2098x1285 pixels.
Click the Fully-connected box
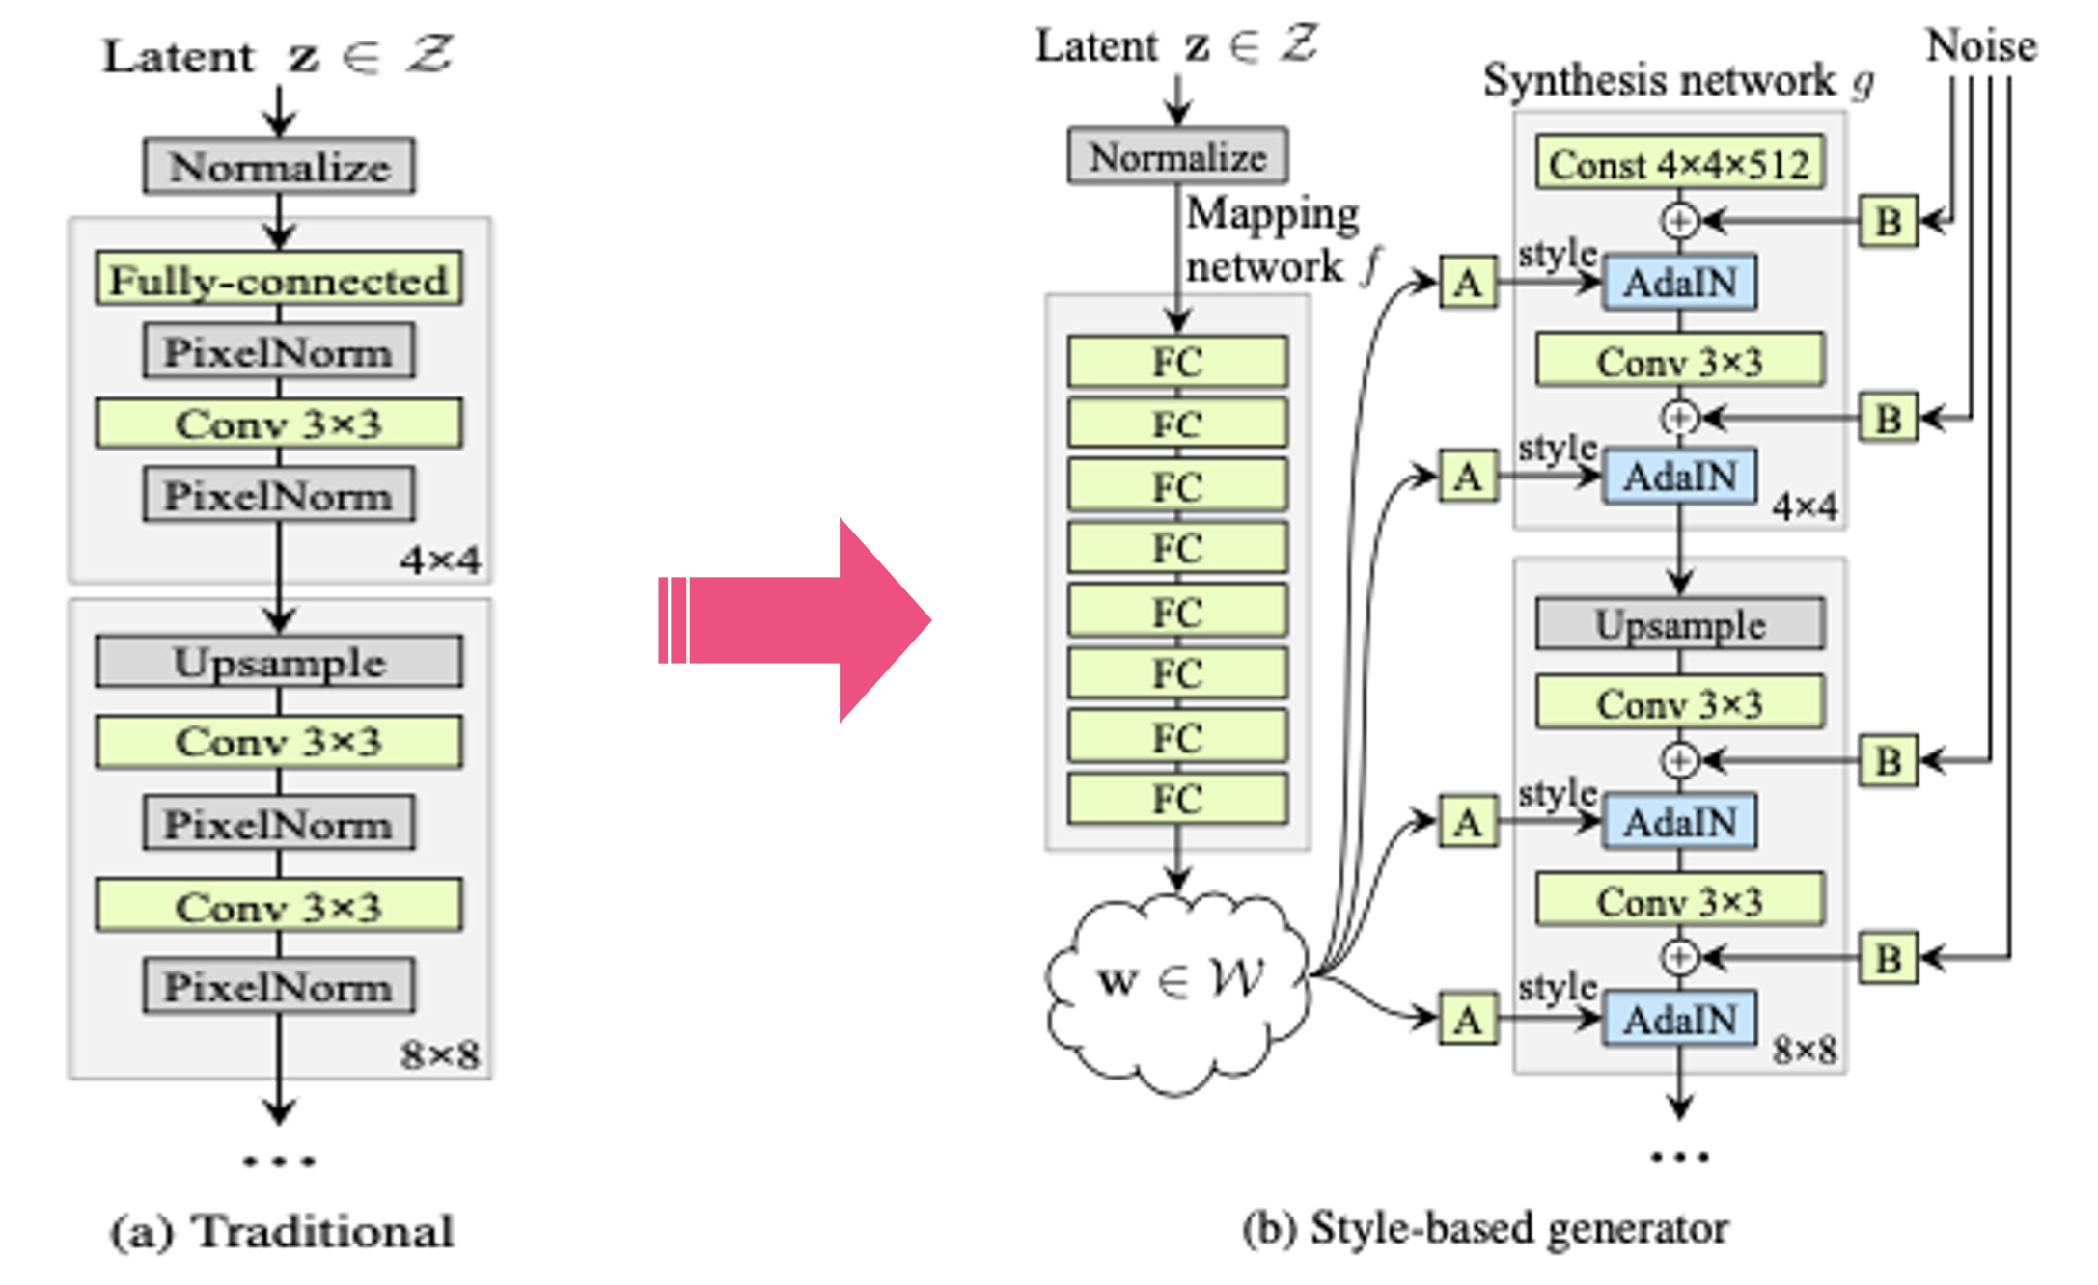pyautogui.click(x=279, y=280)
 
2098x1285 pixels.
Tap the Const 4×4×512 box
pyautogui.click(x=1679, y=164)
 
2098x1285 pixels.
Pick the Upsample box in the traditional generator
pyautogui.click(x=279, y=662)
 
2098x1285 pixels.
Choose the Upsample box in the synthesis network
pyautogui.click(x=1679, y=624)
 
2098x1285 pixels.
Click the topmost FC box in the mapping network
pyautogui.click(x=1177, y=363)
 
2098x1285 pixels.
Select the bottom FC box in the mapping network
pyautogui.click(x=1177, y=799)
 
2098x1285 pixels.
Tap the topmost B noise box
pyautogui.click(x=1888, y=222)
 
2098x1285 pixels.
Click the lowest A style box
pyautogui.click(x=1468, y=1019)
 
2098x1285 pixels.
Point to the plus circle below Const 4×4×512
pyautogui.click(x=1679, y=221)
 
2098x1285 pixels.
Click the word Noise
pyautogui.click(x=1980, y=45)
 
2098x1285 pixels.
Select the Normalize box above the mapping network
pyautogui.click(x=1177, y=156)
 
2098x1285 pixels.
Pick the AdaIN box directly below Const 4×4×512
pyautogui.click(x=1679, y=283)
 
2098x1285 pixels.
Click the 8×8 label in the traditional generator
pyautogui.click(x=440, y=1054)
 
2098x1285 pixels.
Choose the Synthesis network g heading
pyautogui.click(x=1677, y=80)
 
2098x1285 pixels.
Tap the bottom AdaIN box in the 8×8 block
pyautogui.click(x=1679, y=1020)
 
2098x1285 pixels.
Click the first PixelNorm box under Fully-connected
pyautogui.click(x=279, y=352)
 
